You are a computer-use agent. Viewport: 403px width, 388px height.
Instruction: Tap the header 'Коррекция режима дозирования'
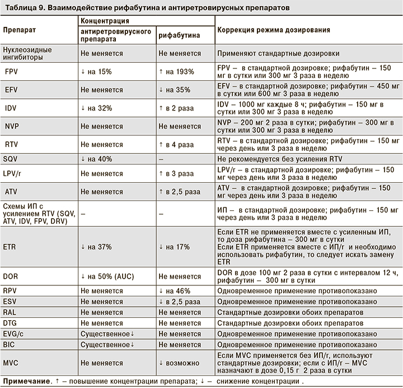(x=273, y=29)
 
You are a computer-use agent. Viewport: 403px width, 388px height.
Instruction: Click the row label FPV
(x=11, y=71)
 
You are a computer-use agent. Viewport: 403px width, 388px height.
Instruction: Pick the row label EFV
(x=11, y=90)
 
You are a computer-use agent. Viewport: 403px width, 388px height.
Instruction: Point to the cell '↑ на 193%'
(x=176, y=71)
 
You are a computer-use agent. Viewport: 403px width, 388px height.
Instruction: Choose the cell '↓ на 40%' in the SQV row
(x=96, y=159)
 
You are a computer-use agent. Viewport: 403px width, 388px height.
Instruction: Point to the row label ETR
(x=10, y=246)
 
